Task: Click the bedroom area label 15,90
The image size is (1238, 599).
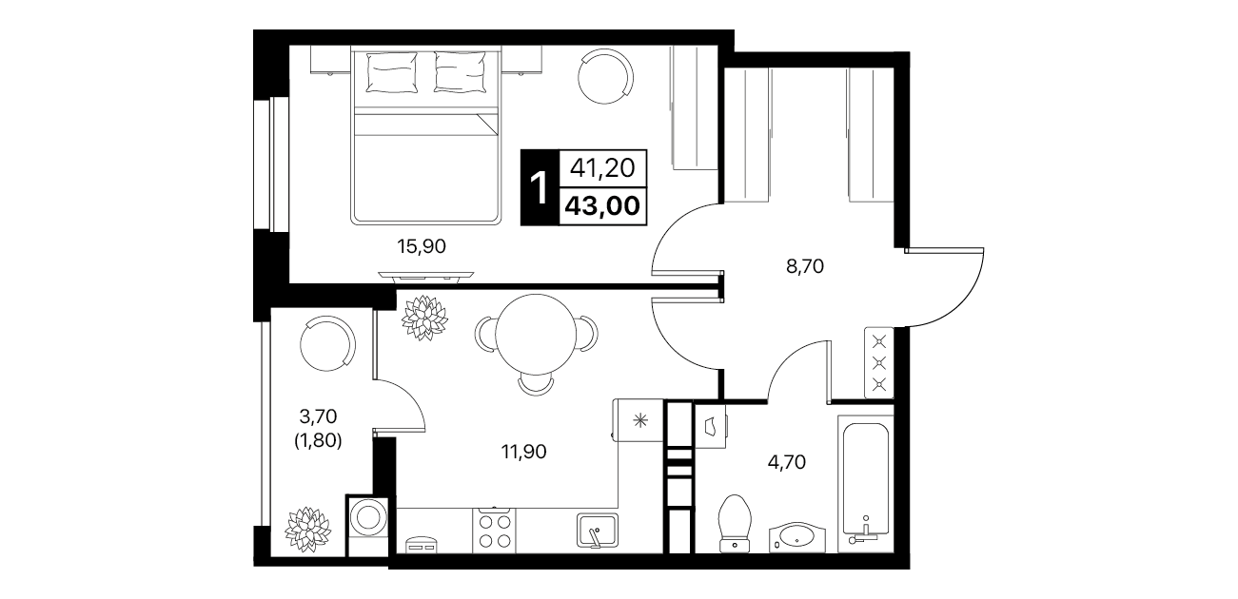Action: pyautogui.click(x=422, y=246)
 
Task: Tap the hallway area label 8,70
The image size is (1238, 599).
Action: pyautogui.click(x=805, y=266)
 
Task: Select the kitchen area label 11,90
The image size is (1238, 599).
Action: pyautogui.click(x=523, y=452)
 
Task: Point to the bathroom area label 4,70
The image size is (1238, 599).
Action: pyautogui.click(x=786, y=461)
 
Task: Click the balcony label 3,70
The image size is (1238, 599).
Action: pyautogui.click(x=318, y=415)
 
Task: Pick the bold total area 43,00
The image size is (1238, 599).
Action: pyautogui.click(x=602, y=206)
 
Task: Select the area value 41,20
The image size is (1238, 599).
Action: pyautogui.click(x=602, y=168)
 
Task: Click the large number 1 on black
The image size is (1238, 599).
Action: pyautogui.click(x=539, y=187)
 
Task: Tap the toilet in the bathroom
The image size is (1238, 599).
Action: pyautogui.click(x=735, y=523)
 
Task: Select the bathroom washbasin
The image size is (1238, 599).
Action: pyautogui.click(x=797, y=537)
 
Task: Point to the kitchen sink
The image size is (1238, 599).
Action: pyautogui.click(x=598, y=530)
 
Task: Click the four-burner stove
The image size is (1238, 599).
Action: pyautogui.click(x=494, y=531)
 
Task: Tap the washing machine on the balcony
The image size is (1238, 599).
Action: pyautogui.click(x=367, y=525)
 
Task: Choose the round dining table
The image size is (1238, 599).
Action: pyautogui.click(x=536, y=335)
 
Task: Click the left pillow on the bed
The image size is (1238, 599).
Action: pyautogui.click(x=391, y=73)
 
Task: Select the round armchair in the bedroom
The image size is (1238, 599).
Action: pyautogui.click(x=605, y=76)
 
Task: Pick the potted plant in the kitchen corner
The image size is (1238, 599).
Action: pyautogui.click(x=424, y=318)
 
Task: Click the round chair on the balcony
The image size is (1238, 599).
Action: pyautogui.click(x=327, y=343)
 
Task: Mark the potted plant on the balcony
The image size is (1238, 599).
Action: pyautogui.click(x=308, y=530)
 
